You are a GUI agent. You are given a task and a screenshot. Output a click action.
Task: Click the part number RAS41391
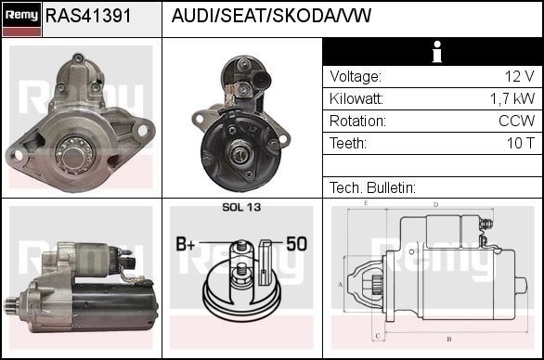click(x=88, y=17)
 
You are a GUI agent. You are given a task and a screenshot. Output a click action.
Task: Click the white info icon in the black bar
click(x=432, y=52)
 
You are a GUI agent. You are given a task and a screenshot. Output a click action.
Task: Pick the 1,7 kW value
click(x=512, y=99)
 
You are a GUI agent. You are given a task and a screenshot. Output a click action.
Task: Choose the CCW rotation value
click(x=516, y=122)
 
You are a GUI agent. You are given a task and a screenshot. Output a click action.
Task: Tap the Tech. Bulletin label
click(x=372, y=187)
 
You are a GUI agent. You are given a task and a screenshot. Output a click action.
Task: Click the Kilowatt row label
click(x=356, y=99)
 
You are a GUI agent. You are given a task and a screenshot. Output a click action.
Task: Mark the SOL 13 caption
click(x=242, y=207)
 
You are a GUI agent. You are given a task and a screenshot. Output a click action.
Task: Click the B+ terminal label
click(x=186, y=245)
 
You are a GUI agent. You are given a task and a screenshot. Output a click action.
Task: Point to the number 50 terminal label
click(x=296, y=245)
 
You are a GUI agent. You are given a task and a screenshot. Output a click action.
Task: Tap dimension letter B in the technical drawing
click(x=448, y=339)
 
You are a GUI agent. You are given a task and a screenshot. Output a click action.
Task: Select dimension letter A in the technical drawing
click(x=341, y=284)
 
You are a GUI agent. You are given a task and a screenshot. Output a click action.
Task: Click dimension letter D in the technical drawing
click(x=435, y=204)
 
